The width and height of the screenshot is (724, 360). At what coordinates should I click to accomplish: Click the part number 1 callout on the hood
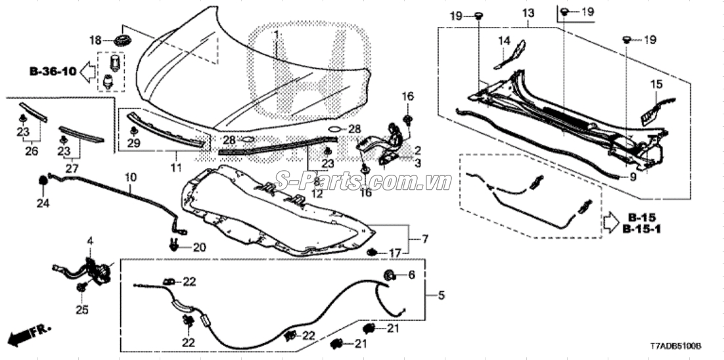277,33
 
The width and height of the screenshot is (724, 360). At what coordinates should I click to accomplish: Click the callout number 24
43,204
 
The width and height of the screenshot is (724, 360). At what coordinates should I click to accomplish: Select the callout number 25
82,309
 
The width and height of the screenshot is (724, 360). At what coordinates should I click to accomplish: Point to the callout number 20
199,248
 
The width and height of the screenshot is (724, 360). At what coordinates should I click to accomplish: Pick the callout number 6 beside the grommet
412,275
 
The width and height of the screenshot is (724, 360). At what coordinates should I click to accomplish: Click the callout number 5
441,296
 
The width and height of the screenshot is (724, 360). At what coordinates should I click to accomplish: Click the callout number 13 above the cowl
529,13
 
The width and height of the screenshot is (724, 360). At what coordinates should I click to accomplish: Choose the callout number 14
503,41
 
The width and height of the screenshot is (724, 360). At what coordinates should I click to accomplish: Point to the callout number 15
657,84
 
